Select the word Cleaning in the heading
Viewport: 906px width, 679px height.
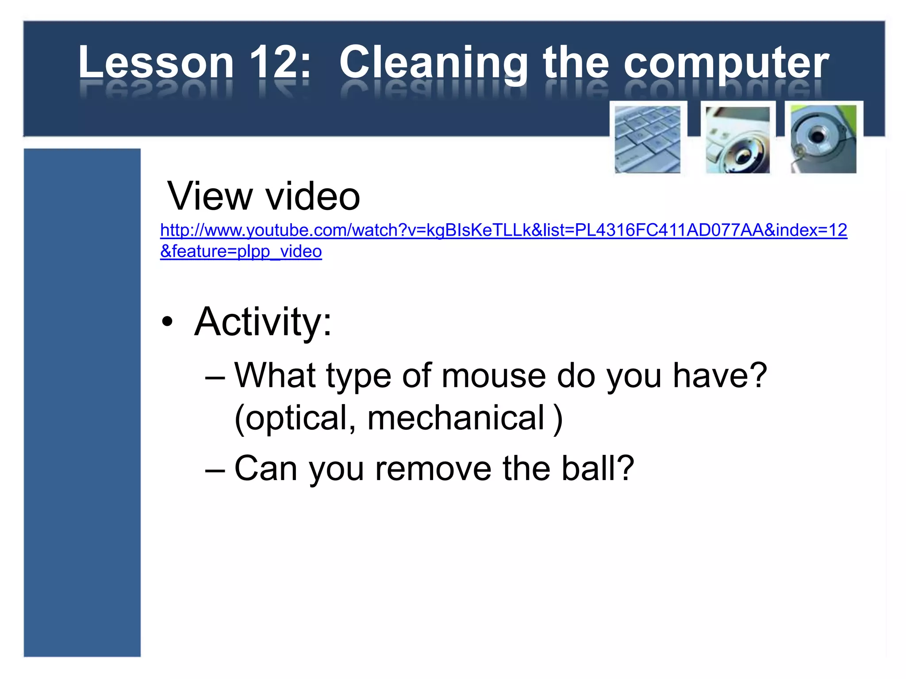[434, 63]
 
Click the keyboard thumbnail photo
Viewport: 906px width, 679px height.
[647, 139]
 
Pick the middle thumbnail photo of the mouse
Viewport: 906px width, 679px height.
[737, 139]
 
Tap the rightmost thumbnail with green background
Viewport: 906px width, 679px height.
[823, 139]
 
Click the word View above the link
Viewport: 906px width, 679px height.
[210, 196]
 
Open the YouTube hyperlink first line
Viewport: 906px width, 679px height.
[503, 230]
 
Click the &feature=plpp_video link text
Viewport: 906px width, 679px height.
[241, 252]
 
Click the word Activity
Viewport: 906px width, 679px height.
[263, 322]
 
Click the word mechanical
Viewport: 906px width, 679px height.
[456, 418]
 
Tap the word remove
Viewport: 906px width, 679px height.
[433, 468]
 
